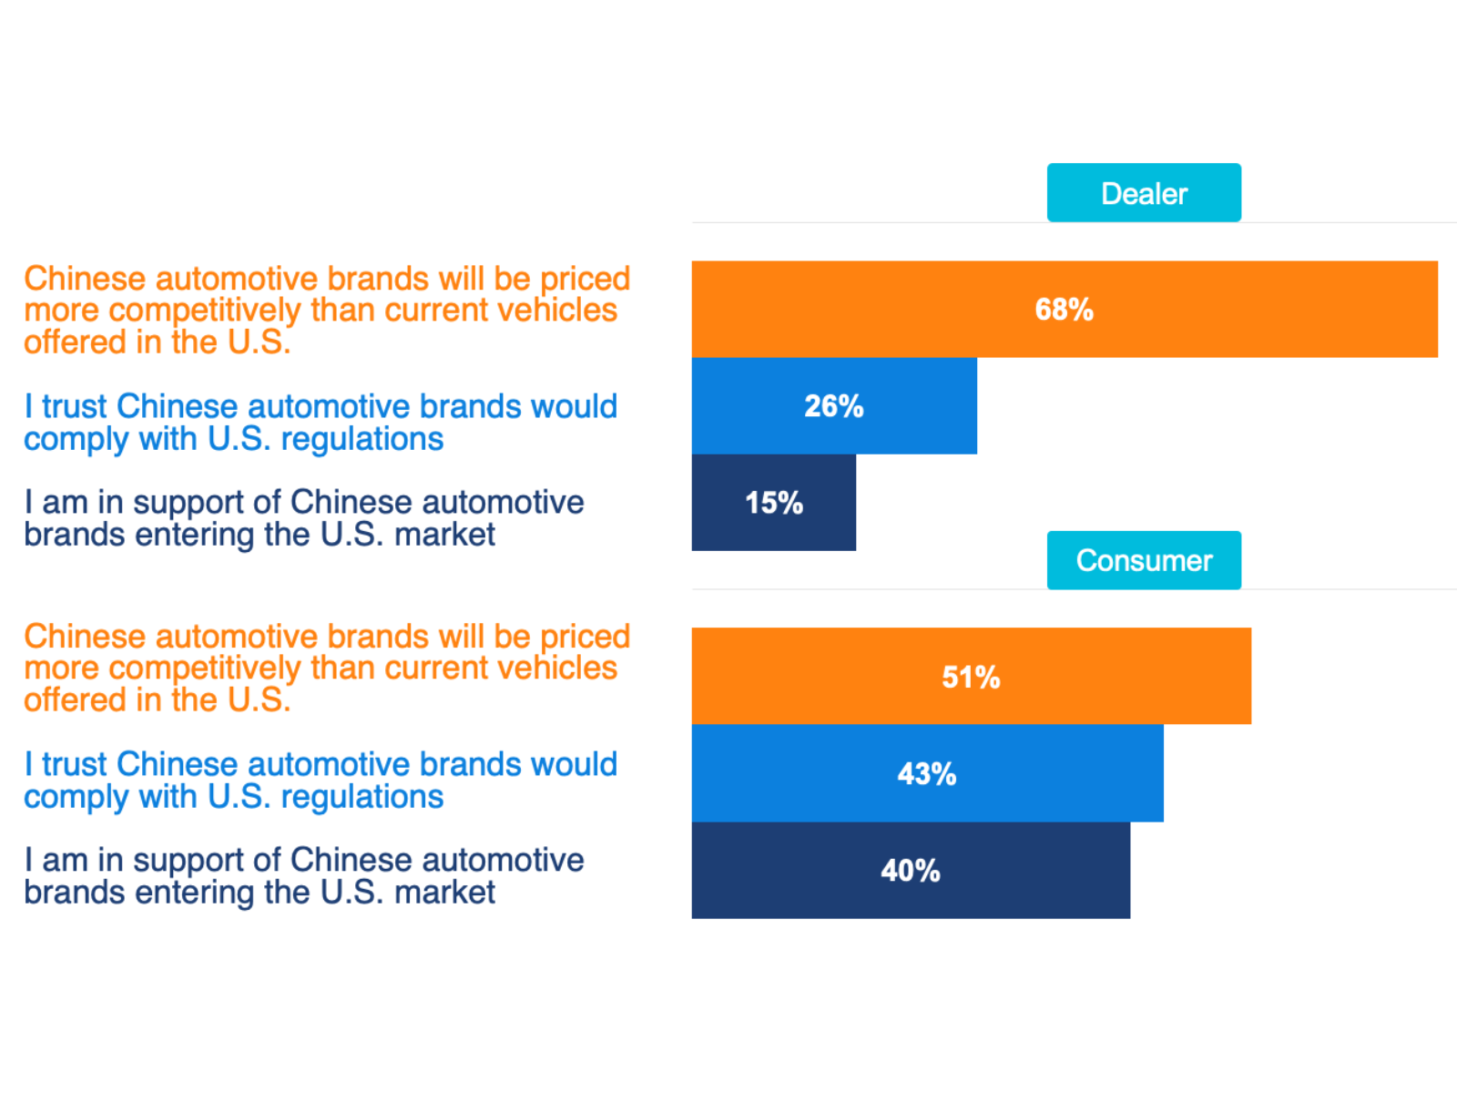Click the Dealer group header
[x=1144, y=193]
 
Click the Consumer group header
[x=1144, y=560]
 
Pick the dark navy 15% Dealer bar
[x=719, y=503]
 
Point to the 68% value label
[x=1064, y=310]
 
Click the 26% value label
[x=833, y=406]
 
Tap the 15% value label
[x=774, y=503]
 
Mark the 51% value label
[x=971, y=678]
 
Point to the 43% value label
[x=927, y=774]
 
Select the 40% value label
[x=911, y=871]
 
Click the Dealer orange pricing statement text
[x=326, y=310]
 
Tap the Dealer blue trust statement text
[x=320, y=423]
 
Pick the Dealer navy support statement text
[x=303, y=518]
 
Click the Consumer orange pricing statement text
[x=326, y=668]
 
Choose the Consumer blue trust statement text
[x=320, y=781]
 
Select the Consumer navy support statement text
[x=303, y=876]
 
